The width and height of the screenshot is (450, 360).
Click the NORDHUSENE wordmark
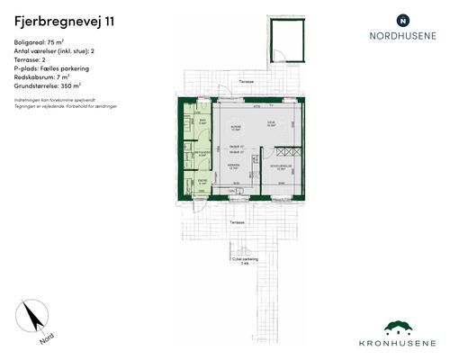402,37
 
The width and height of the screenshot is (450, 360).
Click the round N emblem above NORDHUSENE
402,19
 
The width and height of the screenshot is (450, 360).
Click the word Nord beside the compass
44,340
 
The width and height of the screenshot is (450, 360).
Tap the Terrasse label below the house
237,220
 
